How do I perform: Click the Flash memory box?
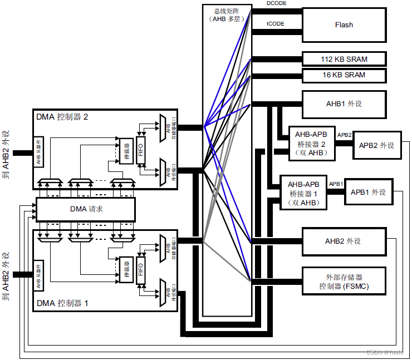click(x=344, y=25)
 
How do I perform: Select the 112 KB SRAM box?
click(x=344, y=59)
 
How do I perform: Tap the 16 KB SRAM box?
click(x=344, y=75)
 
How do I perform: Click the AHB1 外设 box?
click(x=344, y=103)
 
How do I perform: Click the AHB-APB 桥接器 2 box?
click(x=311, y=144)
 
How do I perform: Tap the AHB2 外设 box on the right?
click(x=344, y=241)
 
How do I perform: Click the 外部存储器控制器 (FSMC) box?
click(x=344, y=282)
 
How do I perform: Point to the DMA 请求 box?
click(x=86, y=209)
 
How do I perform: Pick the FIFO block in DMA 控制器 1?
click(x=140, y=270)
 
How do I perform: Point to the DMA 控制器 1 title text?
click(x=62, y=303)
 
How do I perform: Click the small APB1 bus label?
click(x=335, y=184)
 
